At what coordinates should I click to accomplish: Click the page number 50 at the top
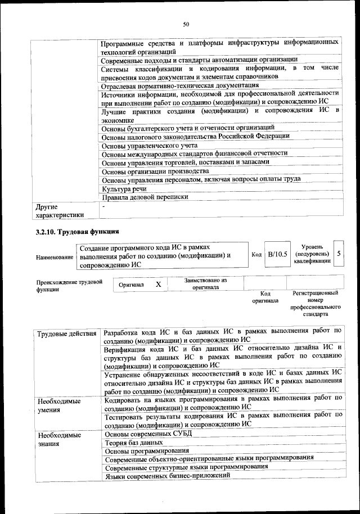[186, 24]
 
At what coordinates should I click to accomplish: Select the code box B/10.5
[277, 254]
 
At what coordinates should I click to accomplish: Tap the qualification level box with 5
[339, 254]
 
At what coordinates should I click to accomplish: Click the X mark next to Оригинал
[159, 285]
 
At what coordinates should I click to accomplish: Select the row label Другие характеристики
[59, 211]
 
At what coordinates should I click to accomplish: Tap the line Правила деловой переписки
[145, 197]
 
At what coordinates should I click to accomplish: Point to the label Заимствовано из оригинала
[205, 283]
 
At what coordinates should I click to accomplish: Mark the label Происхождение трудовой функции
[69, 285]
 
